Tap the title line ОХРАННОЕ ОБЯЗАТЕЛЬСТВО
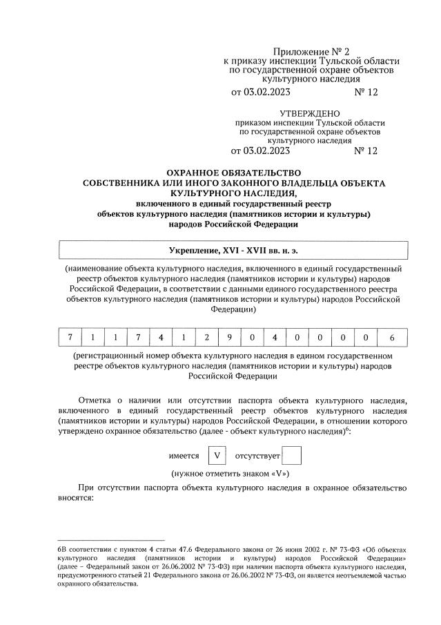pyautogui.click(x=234, y=173)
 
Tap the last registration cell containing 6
pyautogui.click(x=391, y=338)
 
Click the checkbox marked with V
pyautogui.click(x=217, y=456)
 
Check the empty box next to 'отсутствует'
pyautogui.click(x=292, y=456)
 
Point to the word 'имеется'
pyautogui.click(x=184, y=456)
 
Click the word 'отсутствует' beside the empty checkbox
pyautogui.click(x=257, y=456)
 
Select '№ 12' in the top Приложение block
pyautogui.click(x=366, y=91)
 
